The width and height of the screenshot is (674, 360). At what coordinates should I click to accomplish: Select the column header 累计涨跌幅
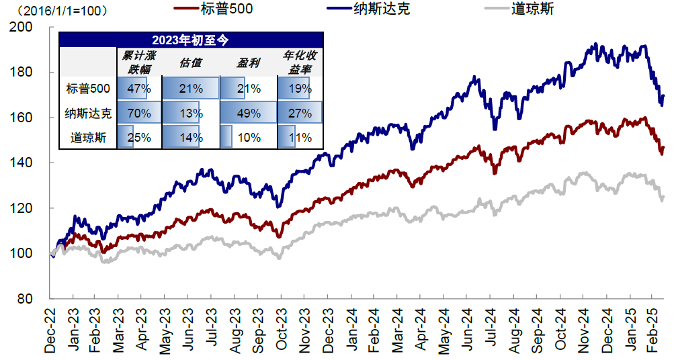click(x=138, y=61)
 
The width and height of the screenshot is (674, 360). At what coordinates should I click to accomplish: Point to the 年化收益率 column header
click(x=299, y=61)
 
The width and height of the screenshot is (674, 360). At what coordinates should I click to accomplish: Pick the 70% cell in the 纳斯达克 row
click(x=138, y=113)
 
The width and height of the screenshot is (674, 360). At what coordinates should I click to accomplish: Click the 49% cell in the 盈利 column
click(x=248, y=113)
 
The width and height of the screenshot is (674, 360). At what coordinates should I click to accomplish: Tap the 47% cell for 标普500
click(x=139, y=88)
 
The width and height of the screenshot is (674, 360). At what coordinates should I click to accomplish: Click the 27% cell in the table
click(x=300, y=113)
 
